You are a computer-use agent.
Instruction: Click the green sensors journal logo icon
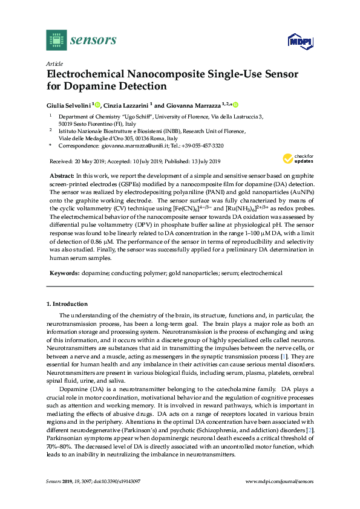click(56, 40)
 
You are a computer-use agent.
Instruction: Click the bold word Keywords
click(64, 273)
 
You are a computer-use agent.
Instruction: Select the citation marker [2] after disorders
click(310, 413)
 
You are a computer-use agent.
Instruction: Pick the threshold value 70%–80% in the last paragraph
click(61, 429)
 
